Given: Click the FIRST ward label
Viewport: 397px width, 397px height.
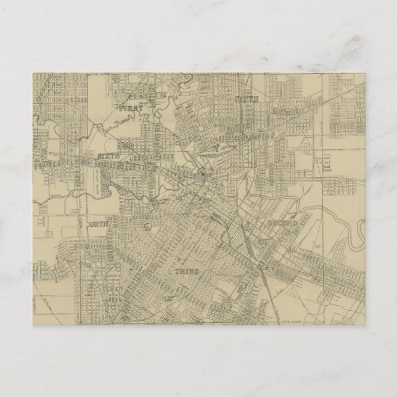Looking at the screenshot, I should click(131, 108).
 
